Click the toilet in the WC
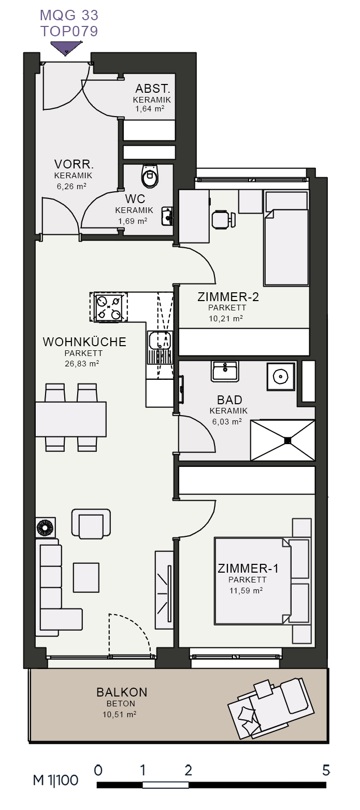(x=150, y=176)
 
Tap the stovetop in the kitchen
(x=109, y=307)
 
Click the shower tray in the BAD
(x=283, y=440)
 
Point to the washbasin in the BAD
(x=225, y=371)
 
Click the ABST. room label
(x=152, y=88)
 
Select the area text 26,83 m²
(x=82, y=364)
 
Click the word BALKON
(x=122, y=692)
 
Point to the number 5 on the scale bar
(x=326, y=770)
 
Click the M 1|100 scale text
(x=55, y=780)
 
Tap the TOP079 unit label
(x=69, y=31)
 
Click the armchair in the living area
(x=91, y=523)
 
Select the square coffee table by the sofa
(x=86, y=577)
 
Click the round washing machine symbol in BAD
(x=280, y=377)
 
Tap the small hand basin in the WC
(x=167, y=216)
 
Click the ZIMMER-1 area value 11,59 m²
(x=246, y=590)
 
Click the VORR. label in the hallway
(x=74, y=164)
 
